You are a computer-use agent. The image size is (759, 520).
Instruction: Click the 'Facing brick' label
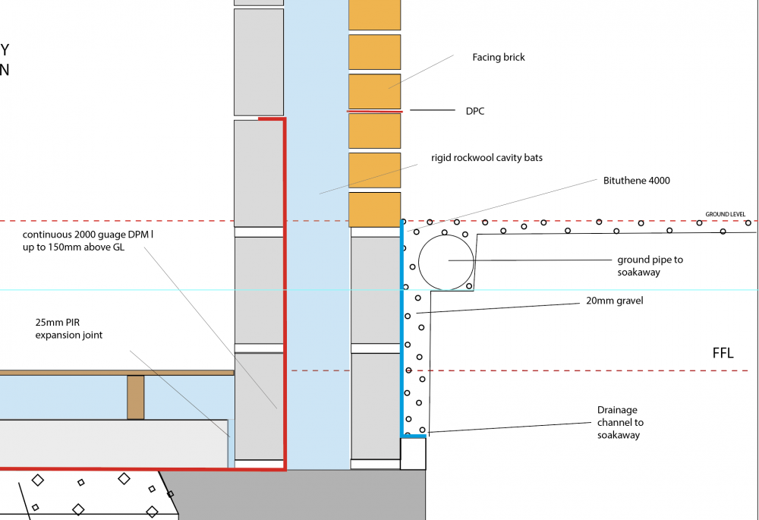pyautogui.click(x=499, y=58)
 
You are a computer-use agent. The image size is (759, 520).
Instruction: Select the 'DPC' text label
pyautogui.click(x=475, y=112)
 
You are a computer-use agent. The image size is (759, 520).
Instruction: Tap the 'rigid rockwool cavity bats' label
pyautogui.click(x=487, y=158)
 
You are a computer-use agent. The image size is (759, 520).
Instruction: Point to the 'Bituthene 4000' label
pyautogui.click(x=637, y=181)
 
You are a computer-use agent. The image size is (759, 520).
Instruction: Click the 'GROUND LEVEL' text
pyautogui.click(x=725, y=214)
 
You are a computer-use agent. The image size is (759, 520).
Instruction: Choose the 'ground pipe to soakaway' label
pyautogui.click(x=650, y=266)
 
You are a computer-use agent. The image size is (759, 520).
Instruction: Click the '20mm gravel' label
pyautogui.click(x=615, y=301)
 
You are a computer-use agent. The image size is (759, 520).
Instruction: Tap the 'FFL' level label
pyautogui.click(x=723, y=353)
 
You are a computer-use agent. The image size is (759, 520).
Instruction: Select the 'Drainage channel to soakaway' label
pyautogui.click(x=620, y=422)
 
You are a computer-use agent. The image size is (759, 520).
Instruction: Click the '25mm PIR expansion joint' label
pyautogui.click(x=69, y=329)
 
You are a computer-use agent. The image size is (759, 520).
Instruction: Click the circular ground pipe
pyautogui.click(x=446, y=262)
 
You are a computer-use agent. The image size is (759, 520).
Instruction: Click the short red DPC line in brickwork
pyautogui.click(x=375, y=112)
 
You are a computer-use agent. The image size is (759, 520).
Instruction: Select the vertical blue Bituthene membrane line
pyautogui.click(x=402, y=328)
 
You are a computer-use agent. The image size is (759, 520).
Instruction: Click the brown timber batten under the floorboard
pyautogui.click(x=136, y=398)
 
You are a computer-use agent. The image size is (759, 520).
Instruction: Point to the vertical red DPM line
pyautogui.click(x=285, y=294)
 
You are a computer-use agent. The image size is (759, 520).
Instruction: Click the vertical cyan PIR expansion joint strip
pyautogui.click(x=231, y=443)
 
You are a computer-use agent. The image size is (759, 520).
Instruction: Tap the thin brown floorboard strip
pyautogui.click(x=117, y=373)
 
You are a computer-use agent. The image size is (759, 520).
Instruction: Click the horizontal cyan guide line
pyautogui.click(x=379, y=290)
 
